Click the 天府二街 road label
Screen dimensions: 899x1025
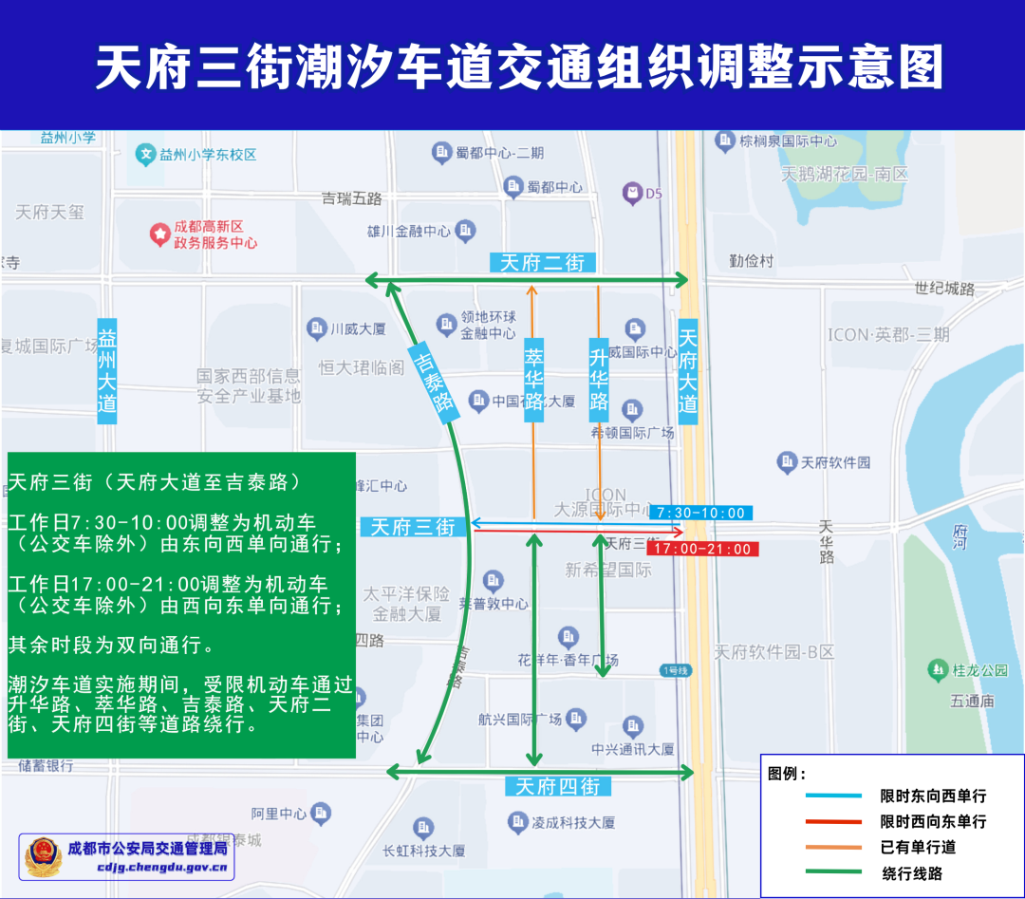click(x=542, y=263)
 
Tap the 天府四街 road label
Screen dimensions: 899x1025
click(x=557, y=786)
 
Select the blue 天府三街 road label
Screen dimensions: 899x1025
click(x=413, y=527)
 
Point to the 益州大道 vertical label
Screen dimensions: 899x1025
click(x=107, y=370)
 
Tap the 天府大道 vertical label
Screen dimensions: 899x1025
click(x=688, y=370)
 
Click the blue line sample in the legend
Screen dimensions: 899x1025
click(x=832, y=795)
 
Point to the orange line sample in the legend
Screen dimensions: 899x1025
click(x=832, y=847)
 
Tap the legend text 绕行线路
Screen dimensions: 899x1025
click(x=912, y=873)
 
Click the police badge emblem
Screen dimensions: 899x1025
click(x=43, y=856)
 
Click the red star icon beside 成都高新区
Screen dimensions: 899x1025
click(x=158, y=234)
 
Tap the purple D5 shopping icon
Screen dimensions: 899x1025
click(x=631, y=194)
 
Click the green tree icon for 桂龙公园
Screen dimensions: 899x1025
click(x=939, y=669)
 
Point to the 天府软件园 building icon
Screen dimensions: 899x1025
click(x=786, y=462)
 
